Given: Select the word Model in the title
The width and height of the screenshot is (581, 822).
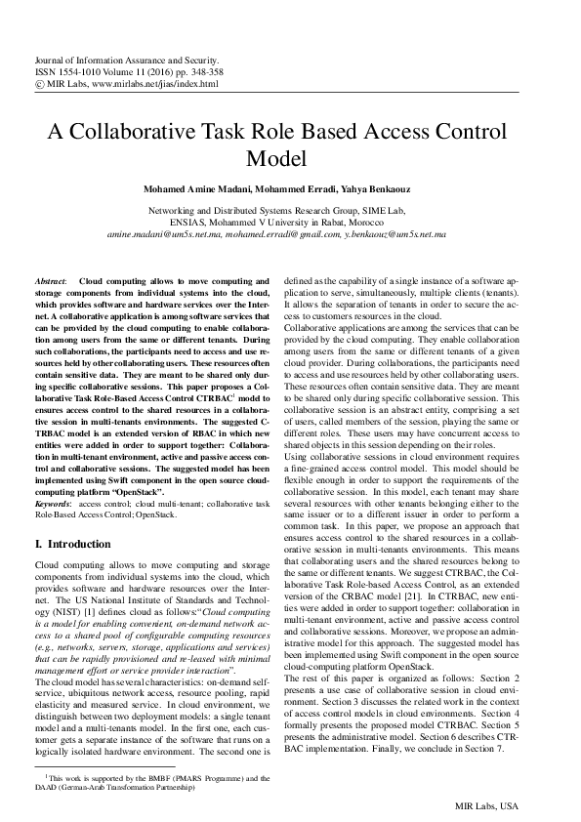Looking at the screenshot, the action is coord(290,158).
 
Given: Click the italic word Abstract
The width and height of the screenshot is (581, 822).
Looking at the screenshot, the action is coord(49,279).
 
